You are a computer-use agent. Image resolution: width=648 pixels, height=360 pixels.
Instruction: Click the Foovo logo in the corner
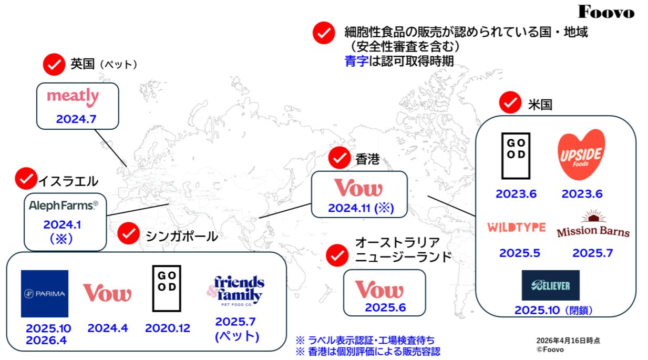click(606, 12)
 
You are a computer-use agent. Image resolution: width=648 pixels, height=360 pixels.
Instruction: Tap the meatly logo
click(73, 97)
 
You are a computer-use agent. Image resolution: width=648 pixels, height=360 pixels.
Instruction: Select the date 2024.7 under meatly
click(76, 119)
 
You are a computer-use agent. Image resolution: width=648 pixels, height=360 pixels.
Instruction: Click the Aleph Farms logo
click(64, 205)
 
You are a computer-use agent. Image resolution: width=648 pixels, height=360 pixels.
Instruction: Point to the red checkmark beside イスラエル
click(26, 179)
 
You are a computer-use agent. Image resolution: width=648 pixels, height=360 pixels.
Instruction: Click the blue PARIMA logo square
click(45, 294)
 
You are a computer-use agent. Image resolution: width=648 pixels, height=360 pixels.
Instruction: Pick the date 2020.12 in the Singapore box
click(168, 328)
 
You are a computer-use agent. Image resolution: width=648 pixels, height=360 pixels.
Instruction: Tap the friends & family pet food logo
click(235, 291)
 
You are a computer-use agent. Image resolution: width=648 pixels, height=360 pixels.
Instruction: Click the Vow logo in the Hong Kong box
click(358, 188)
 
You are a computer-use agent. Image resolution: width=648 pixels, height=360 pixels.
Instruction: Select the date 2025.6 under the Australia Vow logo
click(385, 307)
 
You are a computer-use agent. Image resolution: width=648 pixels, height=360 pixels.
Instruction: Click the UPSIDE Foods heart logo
click(581, 155)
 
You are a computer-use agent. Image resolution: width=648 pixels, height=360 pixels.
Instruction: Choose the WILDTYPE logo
click(517, 227)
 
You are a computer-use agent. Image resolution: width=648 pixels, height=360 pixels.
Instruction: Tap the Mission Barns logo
click(593, 224)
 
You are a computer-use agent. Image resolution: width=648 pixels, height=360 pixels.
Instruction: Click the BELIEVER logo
click(550, 285)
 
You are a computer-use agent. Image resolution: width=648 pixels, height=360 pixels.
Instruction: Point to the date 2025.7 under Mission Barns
click(593, 253)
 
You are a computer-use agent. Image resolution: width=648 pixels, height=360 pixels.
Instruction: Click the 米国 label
click(540, 105)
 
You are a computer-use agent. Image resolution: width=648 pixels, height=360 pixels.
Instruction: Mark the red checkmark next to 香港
click(340, 158)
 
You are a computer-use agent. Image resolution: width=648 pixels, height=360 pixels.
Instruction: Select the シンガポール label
click(182, 236)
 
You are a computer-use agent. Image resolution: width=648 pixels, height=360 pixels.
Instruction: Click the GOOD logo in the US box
click(516, 156)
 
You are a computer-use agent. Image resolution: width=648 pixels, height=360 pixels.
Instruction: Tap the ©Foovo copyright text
click(550, 349)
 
